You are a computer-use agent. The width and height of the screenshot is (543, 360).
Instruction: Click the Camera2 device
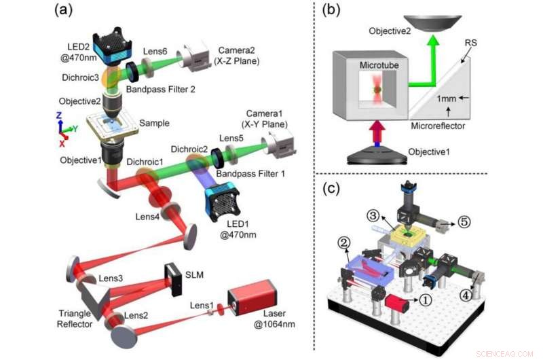(196, 62)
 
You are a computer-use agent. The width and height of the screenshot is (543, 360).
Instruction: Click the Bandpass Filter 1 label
(250, 175)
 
